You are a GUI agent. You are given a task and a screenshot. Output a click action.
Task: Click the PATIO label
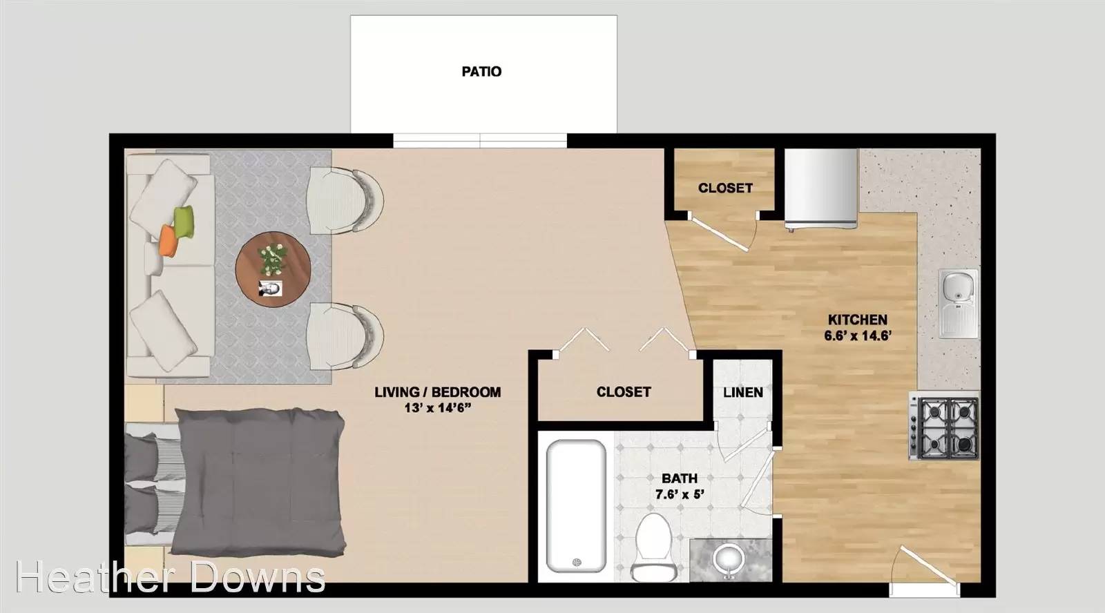coord(481,72)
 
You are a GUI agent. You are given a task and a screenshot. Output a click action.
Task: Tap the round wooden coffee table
coord(273,270)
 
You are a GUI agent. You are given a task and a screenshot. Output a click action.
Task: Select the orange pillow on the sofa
coord(169,241)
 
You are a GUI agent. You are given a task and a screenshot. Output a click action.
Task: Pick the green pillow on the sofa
coord(184,222)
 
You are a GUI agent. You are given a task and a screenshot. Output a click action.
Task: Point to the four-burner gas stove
coord(944,426)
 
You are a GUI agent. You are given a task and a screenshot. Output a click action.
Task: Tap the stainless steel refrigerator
coord(821,189)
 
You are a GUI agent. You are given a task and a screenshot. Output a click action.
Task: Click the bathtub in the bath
coord(576,506)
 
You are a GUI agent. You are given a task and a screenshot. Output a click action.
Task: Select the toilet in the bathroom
coord(653,547)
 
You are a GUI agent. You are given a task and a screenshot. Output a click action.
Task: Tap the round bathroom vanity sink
coord(729,560)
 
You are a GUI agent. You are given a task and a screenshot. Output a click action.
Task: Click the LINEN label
coord(743,393)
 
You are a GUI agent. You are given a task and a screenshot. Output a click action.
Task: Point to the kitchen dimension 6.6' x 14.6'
coord(857,336)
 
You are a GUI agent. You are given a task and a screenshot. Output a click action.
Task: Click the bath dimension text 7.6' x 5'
coord(680,494)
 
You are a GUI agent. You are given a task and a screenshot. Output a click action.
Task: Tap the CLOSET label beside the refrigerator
coord(725,188)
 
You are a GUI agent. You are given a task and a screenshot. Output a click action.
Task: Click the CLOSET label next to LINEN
coord(624,392)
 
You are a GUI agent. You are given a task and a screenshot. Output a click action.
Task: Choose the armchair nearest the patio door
coord(345,200)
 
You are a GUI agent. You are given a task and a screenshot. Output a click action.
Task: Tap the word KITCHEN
coord(857,320)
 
